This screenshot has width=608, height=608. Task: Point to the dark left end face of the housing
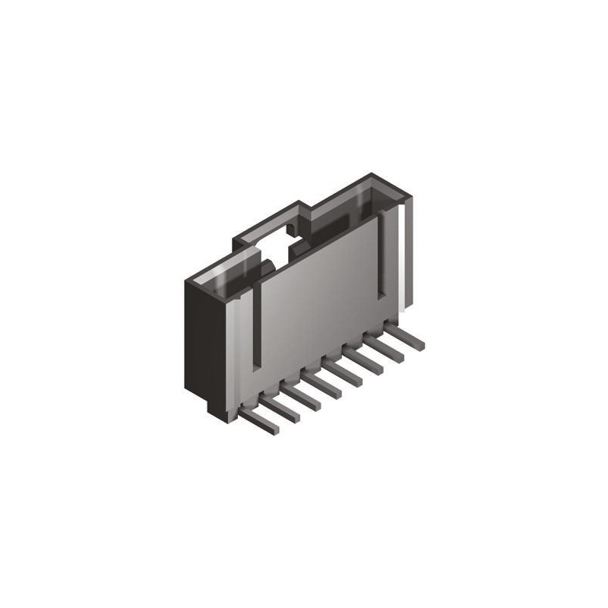point(204,342)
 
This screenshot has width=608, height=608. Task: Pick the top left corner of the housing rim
point(188,280)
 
